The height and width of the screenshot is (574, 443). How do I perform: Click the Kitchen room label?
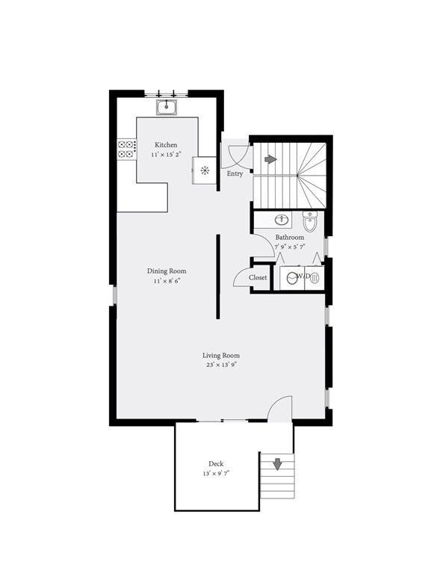(x=166, y=144)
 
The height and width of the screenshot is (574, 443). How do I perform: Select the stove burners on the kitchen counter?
(x=126, y=149)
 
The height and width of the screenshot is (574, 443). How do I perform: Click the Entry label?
(x=235, y=173)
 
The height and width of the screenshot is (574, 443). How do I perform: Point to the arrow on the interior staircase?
(x=270, y=159)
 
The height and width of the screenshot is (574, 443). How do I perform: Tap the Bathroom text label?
(x=289, y=237)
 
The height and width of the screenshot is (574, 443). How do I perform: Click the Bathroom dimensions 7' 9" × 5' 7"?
(x=289, y=247)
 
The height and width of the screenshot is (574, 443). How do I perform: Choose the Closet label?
(x=258, y=277)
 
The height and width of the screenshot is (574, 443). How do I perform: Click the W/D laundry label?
(x=303, y=277)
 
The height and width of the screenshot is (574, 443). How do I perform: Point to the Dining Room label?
(x=167, y=271)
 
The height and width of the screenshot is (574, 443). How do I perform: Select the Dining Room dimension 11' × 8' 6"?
(x=167, y=281)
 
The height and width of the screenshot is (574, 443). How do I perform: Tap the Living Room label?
(x=221, y=356)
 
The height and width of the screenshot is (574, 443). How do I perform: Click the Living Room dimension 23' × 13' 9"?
(x=221, y=365)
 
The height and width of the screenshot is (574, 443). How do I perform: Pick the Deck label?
(x=216, y=464)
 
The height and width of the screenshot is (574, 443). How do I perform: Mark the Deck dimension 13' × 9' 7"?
(x=216, y=474)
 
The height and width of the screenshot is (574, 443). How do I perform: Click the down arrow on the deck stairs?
(x=277, y=464)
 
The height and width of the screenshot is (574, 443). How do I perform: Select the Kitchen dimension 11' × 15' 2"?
(x=166, y=154)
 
